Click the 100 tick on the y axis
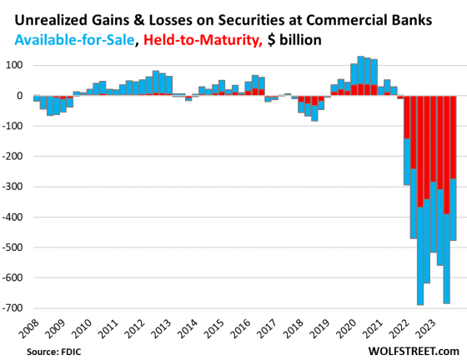coord(15,65)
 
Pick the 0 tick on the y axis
coord(21,96)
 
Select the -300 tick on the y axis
coord(13,187)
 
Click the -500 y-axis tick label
coord(13,247)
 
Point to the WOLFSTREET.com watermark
coord(414,351)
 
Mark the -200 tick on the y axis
coord(13,157)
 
